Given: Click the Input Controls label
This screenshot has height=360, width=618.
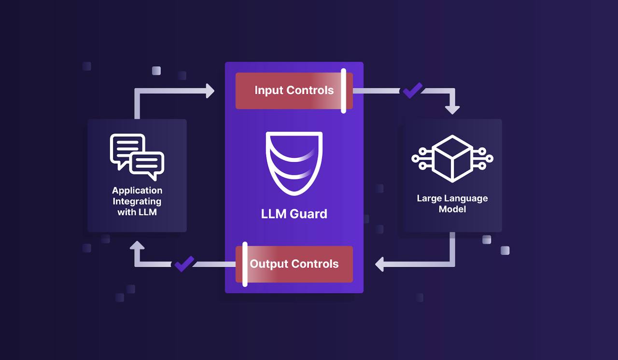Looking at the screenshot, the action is [x=294, y=90].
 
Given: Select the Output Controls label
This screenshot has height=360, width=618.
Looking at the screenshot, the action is [x=294, y=264].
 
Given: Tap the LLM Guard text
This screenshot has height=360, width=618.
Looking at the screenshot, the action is [x=294, y=214].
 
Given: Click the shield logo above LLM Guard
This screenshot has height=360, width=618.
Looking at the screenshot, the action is [x=294, y=164].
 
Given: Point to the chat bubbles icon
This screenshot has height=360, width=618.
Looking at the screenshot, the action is [x=137, y=157].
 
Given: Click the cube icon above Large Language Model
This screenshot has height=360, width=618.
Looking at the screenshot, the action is [x=452, y=158].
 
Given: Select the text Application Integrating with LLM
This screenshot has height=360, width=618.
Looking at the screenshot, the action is [x=137, y=201].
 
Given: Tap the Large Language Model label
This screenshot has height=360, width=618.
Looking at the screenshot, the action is [x=452, y=204].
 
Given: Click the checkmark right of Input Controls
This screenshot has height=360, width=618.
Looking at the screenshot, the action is [x=413, y=90].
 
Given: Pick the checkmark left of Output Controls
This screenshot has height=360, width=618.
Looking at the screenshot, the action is [x=184, y=264].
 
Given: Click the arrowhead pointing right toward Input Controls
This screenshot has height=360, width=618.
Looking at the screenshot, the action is [x=210, y=91].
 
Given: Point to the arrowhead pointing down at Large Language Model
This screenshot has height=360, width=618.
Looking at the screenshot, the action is [x=452, y=110].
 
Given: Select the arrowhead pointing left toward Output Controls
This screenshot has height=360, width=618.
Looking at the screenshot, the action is [x=379, y=264].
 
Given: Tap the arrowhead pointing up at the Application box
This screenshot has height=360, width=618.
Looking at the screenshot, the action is [x=137, y=245].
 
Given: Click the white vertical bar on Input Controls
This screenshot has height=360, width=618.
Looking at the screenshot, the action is [x=343, y=91].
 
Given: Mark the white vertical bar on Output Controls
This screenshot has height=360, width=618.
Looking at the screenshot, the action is [x=245, y=264].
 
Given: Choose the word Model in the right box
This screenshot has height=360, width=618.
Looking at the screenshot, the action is [x=452, y=209].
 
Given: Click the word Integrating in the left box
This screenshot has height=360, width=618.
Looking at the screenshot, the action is [x=137, y=202].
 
